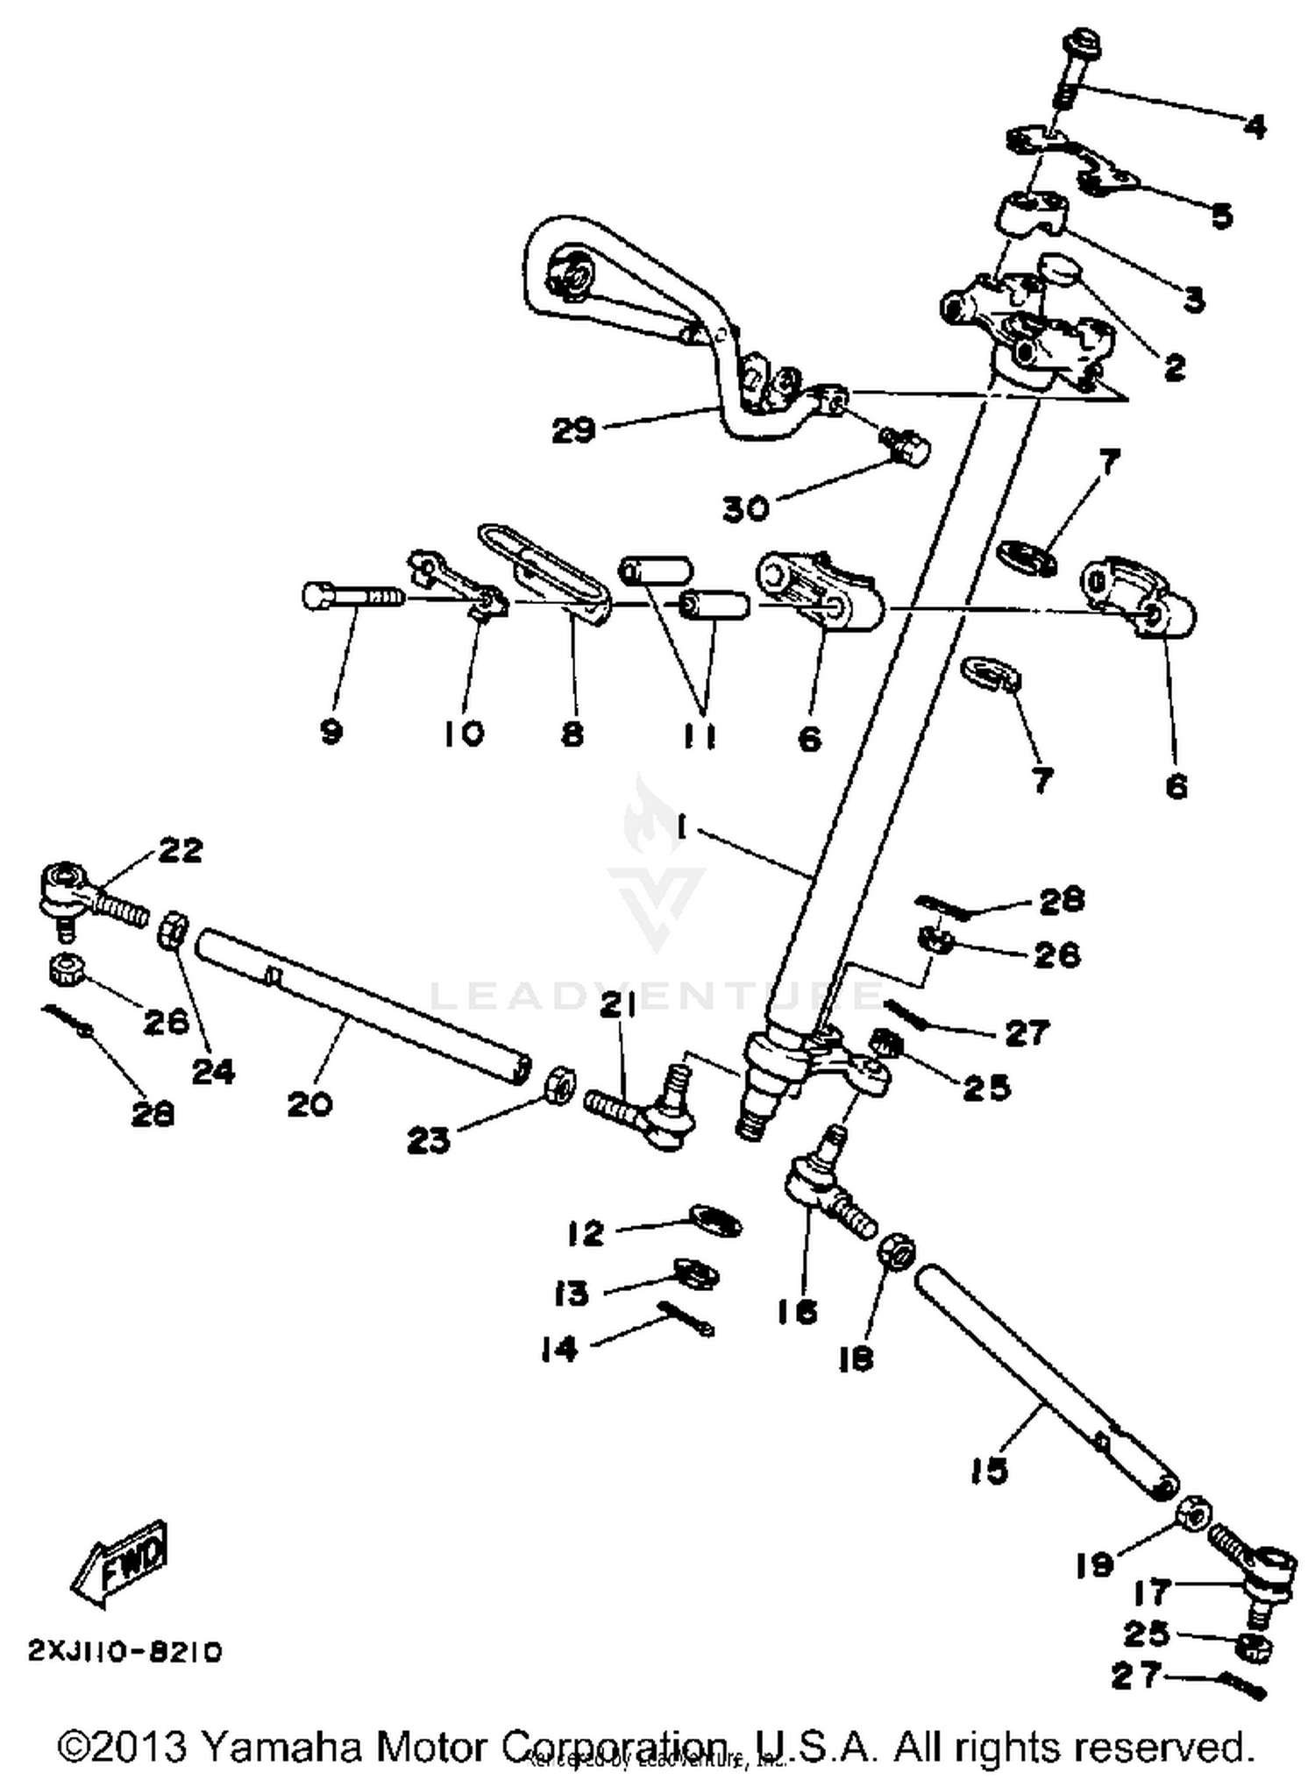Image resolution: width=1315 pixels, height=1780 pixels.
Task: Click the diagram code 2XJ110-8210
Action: pyautogui.click(x=125, y=1652)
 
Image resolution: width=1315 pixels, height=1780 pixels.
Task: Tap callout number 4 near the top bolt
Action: pyautogui.click(x=1255, y=128)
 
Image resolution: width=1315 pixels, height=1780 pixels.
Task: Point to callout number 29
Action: pyautogui.click(x=573, y=430)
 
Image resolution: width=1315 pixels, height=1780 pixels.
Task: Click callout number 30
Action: pyautogui.click(x=746, y=507)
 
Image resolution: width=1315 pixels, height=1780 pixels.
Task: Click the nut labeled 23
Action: pyautogui.click(x=560, y=1086)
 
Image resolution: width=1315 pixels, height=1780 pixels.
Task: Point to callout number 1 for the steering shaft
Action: pyautogui.click(x=681, y=826)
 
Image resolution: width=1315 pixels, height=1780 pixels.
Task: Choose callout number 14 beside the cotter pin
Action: pyautogui.click(x=559, y=1349)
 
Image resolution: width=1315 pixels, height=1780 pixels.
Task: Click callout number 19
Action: pyautogui.click(x=1094, y=1565)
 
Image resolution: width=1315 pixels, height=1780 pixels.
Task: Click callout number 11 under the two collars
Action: pyautogui.click(x=700, y=735)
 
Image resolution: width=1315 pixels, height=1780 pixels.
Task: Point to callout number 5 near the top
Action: pyautogui.click(x=1221, y=215)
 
